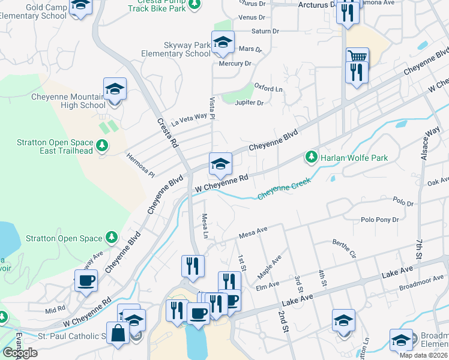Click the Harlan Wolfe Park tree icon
click(311, 157)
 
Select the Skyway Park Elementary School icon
click(223, 42)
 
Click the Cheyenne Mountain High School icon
click(115, 89)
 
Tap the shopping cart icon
click(357, 57)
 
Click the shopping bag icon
click(118, 333)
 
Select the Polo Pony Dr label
click(379, 220)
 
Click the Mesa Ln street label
click(205, 226)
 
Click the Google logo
click(20, 353)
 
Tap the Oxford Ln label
click(268, 88)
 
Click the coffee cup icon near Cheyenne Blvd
click(86, 280)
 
